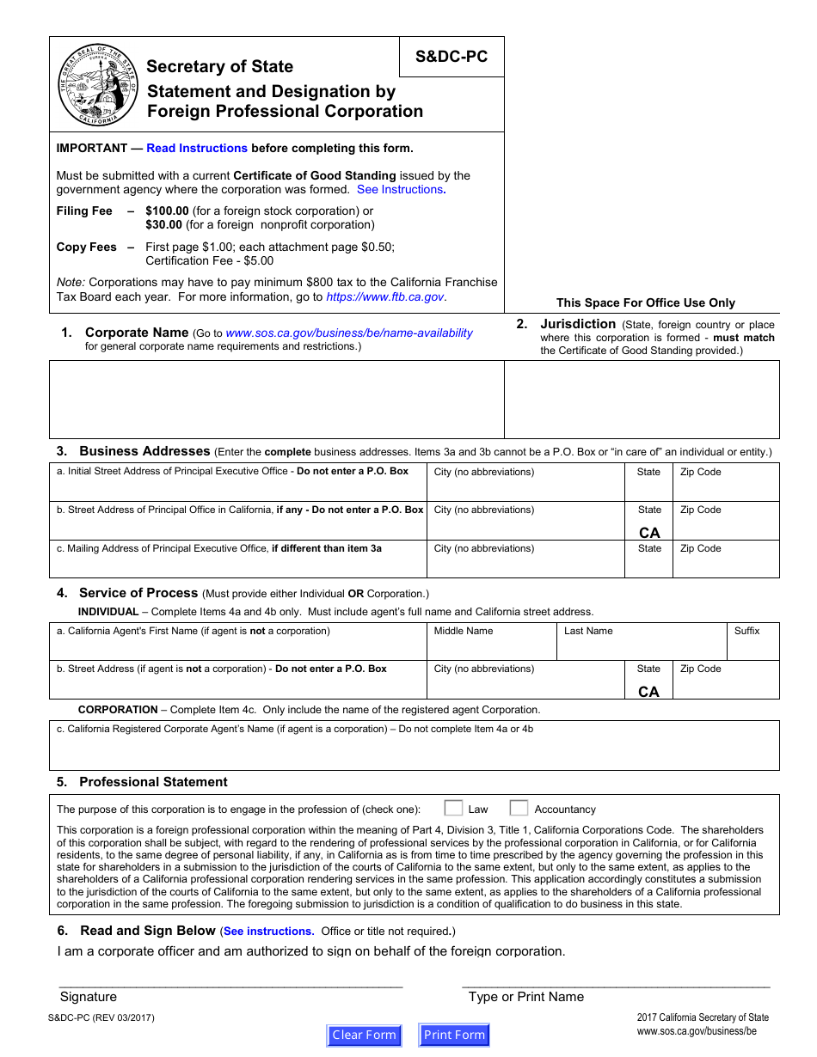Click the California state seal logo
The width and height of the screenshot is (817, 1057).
[x=98, y=85]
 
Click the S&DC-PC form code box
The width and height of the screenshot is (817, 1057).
[x=451, y=57]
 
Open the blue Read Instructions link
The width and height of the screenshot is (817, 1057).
[x=197, y=148]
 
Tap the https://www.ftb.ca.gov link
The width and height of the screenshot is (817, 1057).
[x=385, y=296]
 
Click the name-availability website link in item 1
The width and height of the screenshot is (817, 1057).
[x=349, y=333]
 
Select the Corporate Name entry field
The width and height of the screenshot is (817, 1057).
[x=276, y=400]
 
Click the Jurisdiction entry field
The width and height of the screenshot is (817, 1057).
[x=642, y=400]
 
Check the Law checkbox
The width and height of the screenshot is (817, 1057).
[x=453, y=808]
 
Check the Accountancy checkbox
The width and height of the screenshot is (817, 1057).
[x=519, y=808]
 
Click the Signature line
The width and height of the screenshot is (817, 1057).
[x=230, y=981]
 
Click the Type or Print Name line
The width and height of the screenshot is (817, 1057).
[x=616, y=981]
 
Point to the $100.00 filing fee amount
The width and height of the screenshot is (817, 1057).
[x=167, y=211]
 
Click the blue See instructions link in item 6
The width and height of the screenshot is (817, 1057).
[x=267, y=932]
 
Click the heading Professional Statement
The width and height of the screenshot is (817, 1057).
[x=153, y=782]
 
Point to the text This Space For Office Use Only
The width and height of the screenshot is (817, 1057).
[x=646, y=302]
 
